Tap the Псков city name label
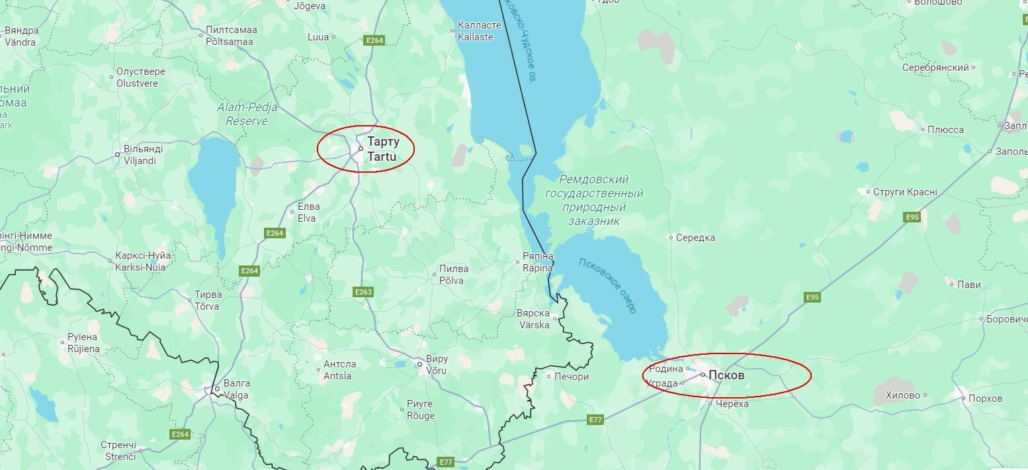coord(726,375)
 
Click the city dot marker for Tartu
coord(361,149)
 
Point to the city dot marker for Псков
coord(703,375)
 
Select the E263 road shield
coord(364,292)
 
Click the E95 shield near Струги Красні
coord(912,217)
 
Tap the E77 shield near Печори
coord(595,420)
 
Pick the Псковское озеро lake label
coord(607,285)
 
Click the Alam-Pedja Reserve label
coord(247,114)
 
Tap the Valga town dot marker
coord(217,389)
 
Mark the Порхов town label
coord(985,399)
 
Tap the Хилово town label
coord(903,395)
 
